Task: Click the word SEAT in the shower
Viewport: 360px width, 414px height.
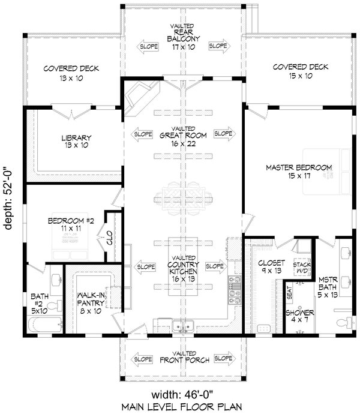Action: pyautogui.click(x=289, y=292)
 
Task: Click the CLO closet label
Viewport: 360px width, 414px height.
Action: pyautogui.click(x=110, y=239)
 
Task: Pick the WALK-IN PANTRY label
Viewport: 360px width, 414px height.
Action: pyautogui.click(x=91, y=298)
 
